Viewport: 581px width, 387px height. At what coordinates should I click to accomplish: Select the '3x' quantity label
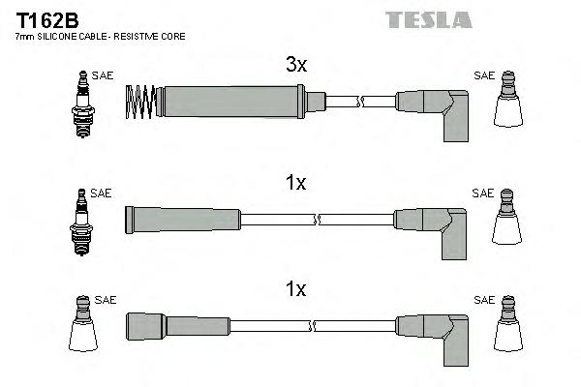point(295,65)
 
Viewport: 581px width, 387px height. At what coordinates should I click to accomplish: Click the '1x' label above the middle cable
point(295,183)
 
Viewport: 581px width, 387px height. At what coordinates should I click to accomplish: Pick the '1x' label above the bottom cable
point(295,289)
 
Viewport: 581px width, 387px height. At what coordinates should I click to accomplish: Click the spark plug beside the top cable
point(81,104)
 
